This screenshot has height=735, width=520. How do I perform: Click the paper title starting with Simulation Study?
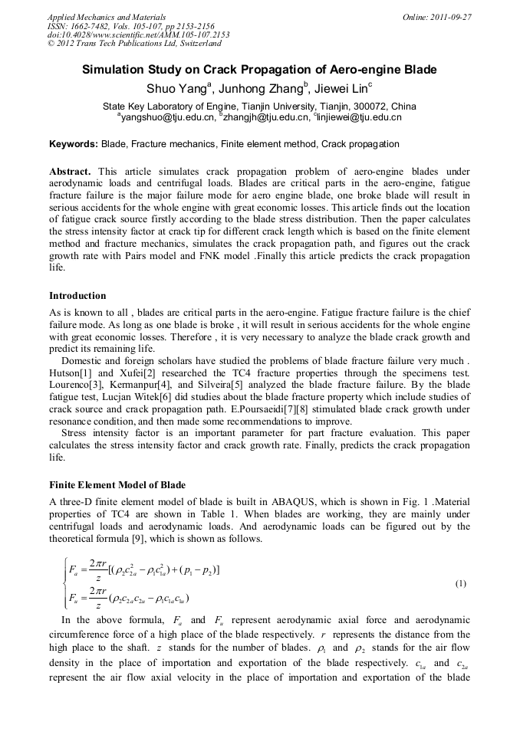coord(259,70)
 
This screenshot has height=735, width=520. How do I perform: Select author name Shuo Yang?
coord(176,88)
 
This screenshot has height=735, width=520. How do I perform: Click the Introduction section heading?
coord(77,295)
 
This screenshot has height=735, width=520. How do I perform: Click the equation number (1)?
coord(461,584)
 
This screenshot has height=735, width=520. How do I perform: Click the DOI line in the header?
coord(138,35)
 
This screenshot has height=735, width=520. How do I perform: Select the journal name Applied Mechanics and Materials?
coord(106,16)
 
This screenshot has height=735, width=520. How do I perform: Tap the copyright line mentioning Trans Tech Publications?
coord(133,44)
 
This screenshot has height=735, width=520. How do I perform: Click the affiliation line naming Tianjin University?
coord(259,106)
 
